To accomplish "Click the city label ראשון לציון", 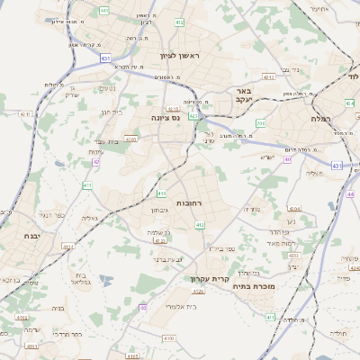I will point(183,57).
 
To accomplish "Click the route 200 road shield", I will point(261,122).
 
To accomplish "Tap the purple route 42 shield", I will point(95,163).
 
